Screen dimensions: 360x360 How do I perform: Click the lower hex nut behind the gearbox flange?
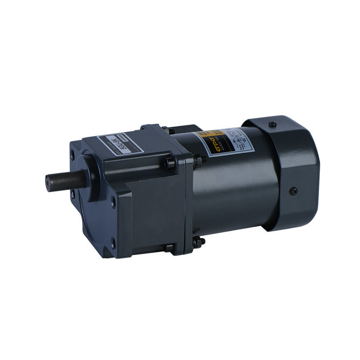tap(197, 243)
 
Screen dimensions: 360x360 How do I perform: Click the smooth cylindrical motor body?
tap(238, 189)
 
